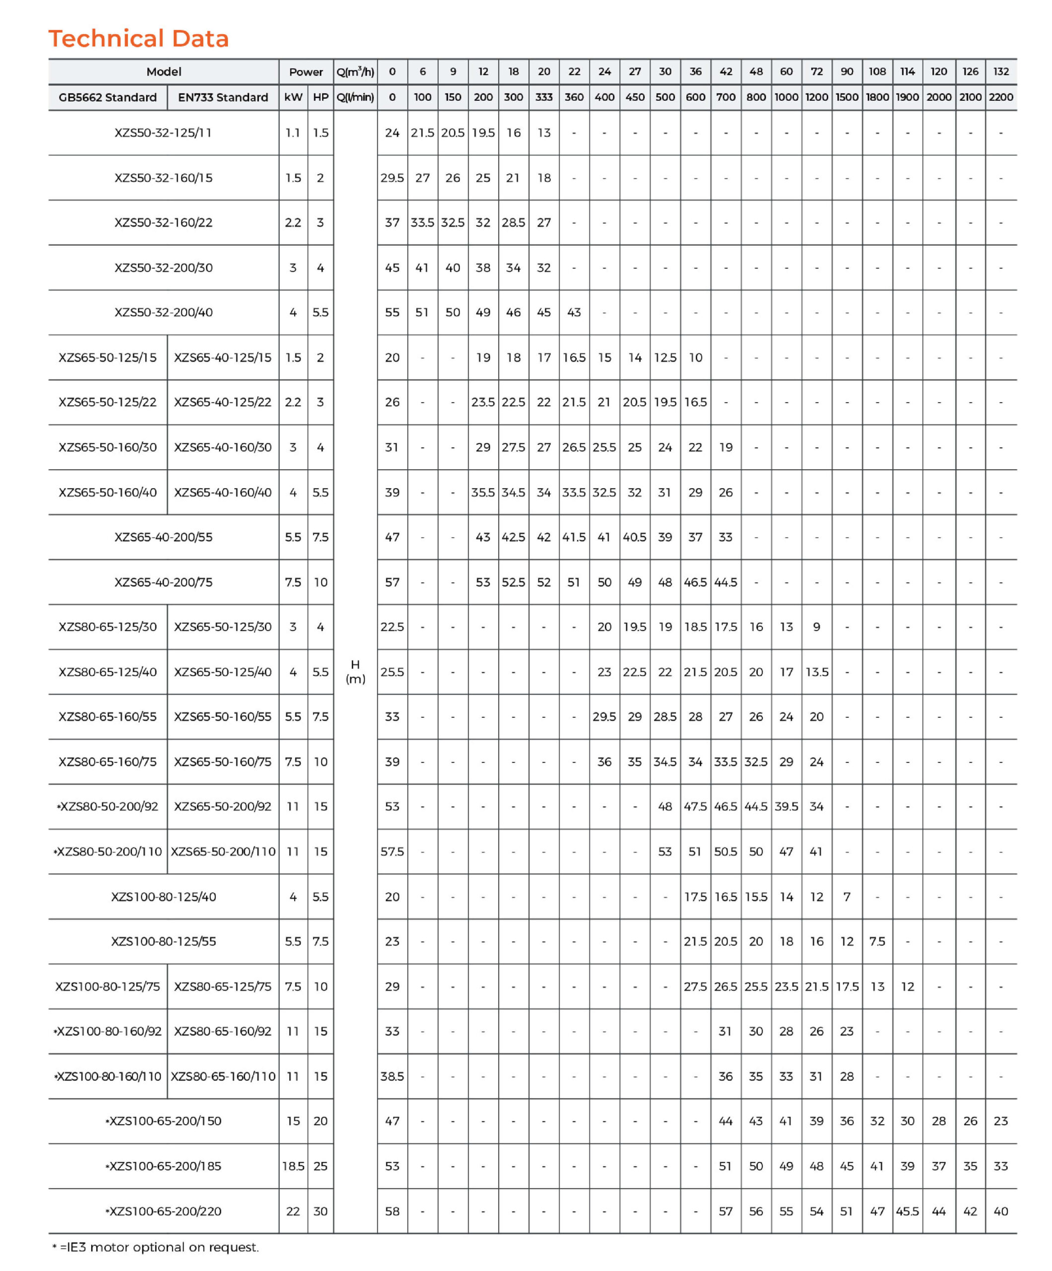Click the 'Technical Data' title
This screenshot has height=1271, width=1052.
click(x=138, y=38)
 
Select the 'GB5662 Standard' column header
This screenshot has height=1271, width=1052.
click(x=108, y=97)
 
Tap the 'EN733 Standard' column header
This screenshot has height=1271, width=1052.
click(x=223, y=97)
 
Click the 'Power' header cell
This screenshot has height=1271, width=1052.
click(x=306, y=71)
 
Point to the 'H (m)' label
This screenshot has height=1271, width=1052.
click(x=355, y=672)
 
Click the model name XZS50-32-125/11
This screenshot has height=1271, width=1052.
click(x=163, y=133)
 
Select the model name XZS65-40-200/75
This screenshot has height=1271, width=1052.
click(x=163, y=582)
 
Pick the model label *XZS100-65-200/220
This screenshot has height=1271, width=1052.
click(x=163, y=1211)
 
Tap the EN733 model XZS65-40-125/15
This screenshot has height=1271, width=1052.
click(x=223, y=357)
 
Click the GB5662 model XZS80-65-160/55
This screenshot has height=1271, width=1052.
click(x=108, y=716)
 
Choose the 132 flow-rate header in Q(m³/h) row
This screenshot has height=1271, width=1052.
click(x=1000, y=71)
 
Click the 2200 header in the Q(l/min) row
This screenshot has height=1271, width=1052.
click(x=1000, y=97)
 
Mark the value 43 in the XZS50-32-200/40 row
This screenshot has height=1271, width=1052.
click(x=574, y=312)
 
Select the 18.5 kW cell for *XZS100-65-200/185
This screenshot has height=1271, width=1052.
click(x=293, y=1166)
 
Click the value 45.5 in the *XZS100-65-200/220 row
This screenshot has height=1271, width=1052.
click(x=908, y=1211)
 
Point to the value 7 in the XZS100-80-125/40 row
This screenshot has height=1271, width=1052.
click(x=847, y=896)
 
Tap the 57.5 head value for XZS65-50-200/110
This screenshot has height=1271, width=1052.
click(x=392, y=851)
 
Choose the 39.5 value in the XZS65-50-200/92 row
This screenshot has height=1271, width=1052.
click(x=787, y=806)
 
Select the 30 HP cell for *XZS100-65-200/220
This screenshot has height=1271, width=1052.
click(x=321, y=1211)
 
